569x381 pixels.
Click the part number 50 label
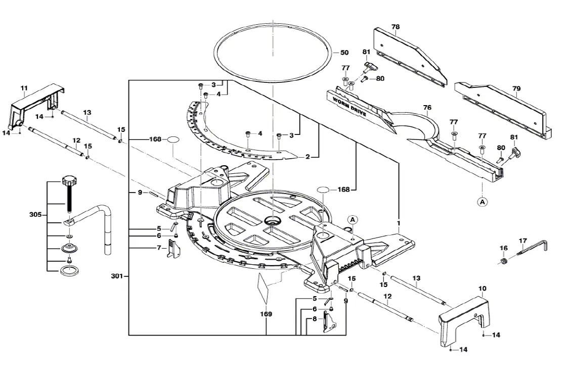[x=344, y=53]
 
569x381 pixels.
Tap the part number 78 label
[x=395, y=27]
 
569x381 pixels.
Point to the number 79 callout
[x=516, y=89]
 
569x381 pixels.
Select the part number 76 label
[x=427, y=107]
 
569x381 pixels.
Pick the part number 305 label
[x=35, y=215]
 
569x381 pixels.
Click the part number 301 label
[x=117, y=276]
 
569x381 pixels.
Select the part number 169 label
[x=266, y=314]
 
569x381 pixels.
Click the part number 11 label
[x=24, y=89]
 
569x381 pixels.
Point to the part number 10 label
[x=482, y=289]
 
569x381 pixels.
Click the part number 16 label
[x=503, y=248]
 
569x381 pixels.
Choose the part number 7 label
[x=158, y=248]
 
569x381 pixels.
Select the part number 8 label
[x=315, y=318]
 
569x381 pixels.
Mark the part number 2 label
[x=307, y=157]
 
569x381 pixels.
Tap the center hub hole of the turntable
[x=273, y=221]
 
